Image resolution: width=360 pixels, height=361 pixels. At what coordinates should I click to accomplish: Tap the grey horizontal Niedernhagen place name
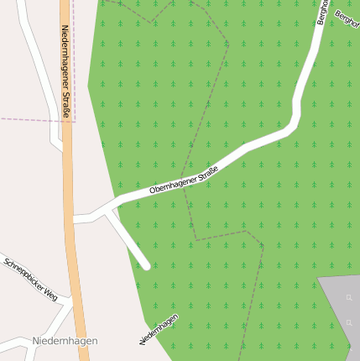[65, 341]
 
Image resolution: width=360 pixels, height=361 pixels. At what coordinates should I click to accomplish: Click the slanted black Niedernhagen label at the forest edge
[159, 328]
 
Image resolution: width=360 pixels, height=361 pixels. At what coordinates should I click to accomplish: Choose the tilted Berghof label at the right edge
[347, 18]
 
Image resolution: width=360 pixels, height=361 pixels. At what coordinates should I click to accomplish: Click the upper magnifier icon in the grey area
[349, 298]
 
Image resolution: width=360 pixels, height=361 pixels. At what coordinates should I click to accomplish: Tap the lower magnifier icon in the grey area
[349, 323]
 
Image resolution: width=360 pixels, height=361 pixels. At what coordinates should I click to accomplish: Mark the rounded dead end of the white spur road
[146, 265]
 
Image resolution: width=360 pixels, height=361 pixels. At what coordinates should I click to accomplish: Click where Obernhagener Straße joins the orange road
[74, 220]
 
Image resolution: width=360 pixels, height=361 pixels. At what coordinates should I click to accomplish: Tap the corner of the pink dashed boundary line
[75, 122]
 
